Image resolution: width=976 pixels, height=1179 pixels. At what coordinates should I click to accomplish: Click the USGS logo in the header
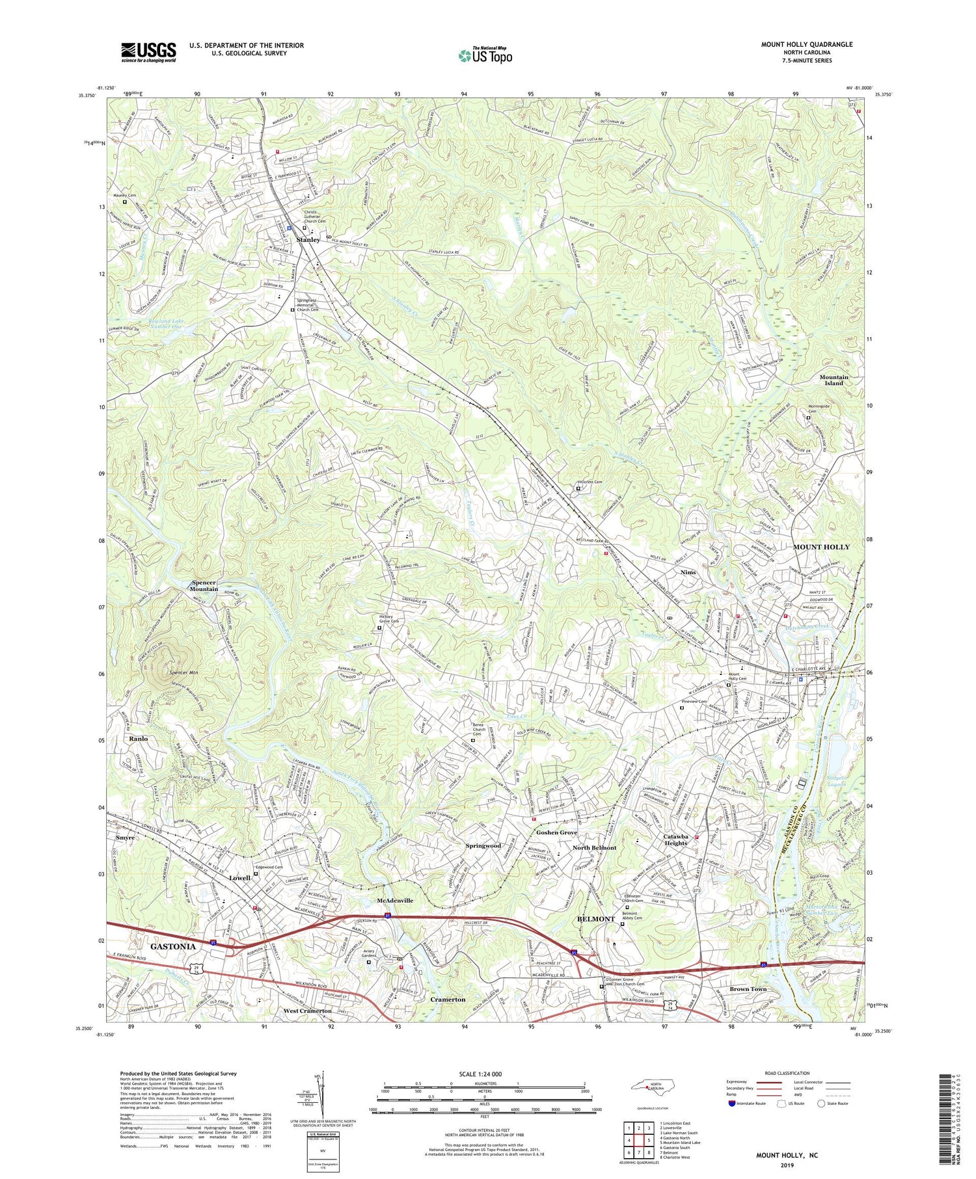[x=148, y=52]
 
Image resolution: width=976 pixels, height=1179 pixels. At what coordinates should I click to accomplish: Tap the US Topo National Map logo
[x=485, y=55]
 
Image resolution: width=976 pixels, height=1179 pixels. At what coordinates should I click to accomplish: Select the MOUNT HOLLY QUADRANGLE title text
[x=806, y=45]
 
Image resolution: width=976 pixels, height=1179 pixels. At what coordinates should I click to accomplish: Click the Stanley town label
[x=308, y=240]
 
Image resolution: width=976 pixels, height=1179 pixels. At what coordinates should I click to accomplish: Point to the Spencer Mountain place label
[x=204, y=585]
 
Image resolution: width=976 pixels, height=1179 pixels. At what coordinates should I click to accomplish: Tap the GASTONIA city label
[x=172, y=946]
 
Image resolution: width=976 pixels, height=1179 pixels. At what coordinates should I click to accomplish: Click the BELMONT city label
[x=596, y=919]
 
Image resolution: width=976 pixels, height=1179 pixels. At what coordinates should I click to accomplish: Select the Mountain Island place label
[x=834, y=380]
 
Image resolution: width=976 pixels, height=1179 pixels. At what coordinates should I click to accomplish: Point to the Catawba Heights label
[x=675, y=840]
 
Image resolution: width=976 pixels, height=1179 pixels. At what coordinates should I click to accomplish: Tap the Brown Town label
[x=748, y=988]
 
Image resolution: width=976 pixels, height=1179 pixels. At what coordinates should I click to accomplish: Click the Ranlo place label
[x=139, y=739]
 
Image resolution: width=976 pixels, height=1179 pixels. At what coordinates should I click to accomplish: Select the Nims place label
[x=688, y=572]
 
